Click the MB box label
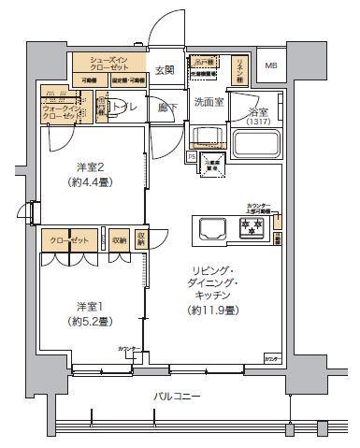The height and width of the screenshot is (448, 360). (270, 65)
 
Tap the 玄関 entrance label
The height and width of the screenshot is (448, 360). (165, 70)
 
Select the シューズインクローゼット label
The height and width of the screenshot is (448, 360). (110, 64)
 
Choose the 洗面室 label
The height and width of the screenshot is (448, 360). (207, 102)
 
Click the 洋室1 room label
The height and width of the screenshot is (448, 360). (89, 306)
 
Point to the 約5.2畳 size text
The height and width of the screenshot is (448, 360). (90, 321)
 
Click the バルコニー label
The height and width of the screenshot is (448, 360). (177, 397)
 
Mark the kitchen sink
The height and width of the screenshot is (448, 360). (209, 227)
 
